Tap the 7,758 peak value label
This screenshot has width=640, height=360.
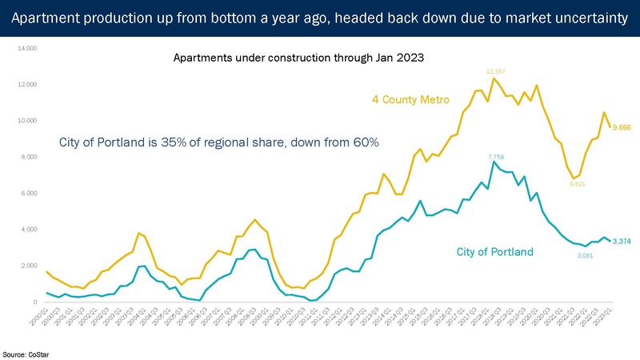pos(495,155)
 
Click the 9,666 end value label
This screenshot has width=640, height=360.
pos(622,126)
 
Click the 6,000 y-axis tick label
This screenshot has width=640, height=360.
pos(29,194)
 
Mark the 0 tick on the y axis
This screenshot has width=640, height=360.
pos(35,302)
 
